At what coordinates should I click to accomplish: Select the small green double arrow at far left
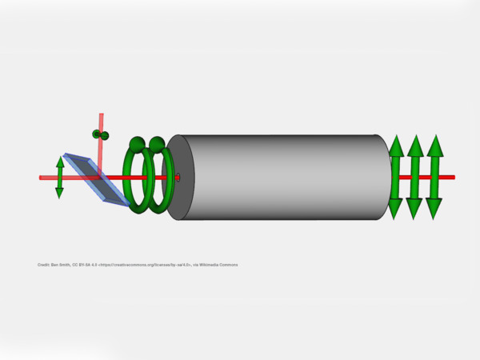(60, 177)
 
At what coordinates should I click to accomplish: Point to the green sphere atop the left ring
(137, 144)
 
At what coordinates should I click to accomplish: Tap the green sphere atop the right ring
(157, 145)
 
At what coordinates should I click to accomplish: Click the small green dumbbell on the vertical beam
(100, 134)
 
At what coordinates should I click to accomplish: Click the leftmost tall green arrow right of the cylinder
(395, 177)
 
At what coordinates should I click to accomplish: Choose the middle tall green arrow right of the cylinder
(414, 177)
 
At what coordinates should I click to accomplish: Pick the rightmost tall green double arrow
(434, 177)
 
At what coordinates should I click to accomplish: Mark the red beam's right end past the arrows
(451, 177)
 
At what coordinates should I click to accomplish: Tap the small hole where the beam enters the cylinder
(178, 177)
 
